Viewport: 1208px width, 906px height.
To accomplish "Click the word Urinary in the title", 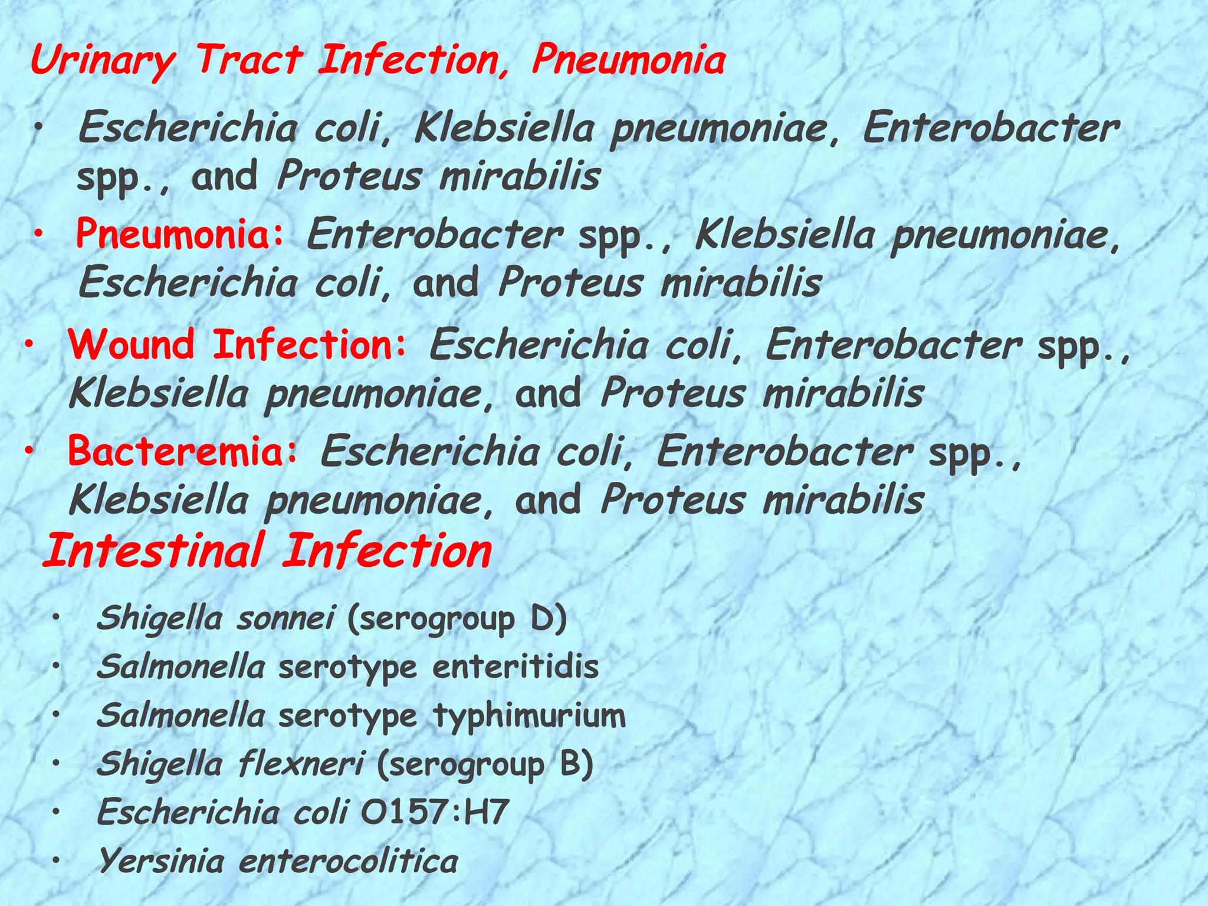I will [x=103, y=61].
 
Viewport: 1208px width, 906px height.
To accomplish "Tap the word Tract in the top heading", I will [x=249, y=60].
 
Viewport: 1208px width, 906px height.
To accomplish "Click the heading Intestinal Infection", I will [x=267, y=551].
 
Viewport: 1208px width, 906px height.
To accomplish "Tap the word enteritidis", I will [x=516, y=667].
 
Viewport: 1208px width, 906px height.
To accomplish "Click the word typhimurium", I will [x=529, y=716].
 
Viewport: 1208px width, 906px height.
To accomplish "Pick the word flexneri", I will [x=301, y=764].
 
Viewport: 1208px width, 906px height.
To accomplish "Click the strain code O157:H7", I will [x=435, y=813].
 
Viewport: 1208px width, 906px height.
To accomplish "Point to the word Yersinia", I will [x=161, y=861].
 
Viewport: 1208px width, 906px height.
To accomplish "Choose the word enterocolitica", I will [x=349, y=861].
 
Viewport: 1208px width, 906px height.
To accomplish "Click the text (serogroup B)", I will [x=484, y=765].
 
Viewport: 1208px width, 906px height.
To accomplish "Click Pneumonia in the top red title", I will [x=628, y=61].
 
